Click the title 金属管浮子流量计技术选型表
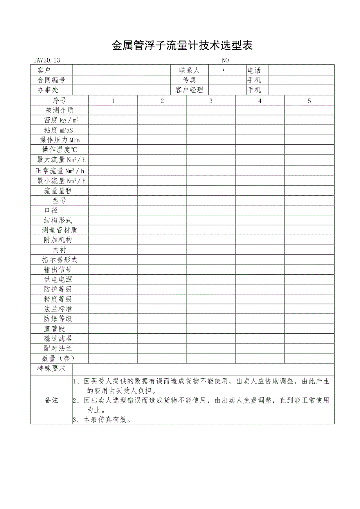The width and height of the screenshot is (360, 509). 182,46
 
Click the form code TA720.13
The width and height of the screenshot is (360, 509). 47,60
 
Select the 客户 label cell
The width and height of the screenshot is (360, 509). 44,70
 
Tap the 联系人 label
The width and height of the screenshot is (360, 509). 189,70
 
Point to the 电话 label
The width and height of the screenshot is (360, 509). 254,70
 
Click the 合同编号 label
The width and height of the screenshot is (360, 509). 51,80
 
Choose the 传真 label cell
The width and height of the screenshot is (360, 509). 189,80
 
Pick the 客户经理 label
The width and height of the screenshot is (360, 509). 189,90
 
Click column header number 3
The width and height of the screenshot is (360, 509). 211,101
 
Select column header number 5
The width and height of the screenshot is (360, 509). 309,101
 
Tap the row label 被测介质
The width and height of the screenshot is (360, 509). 59,110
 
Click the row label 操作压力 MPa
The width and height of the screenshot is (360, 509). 59,140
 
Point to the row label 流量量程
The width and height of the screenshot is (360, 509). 58,191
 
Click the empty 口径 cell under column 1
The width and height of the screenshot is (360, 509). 113,210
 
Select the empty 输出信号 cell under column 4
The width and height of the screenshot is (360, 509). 260,270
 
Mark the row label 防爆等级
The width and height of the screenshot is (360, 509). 58,318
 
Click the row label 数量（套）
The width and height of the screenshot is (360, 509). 58,358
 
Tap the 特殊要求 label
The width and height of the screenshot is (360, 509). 51,369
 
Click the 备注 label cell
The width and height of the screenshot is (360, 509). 51,400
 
